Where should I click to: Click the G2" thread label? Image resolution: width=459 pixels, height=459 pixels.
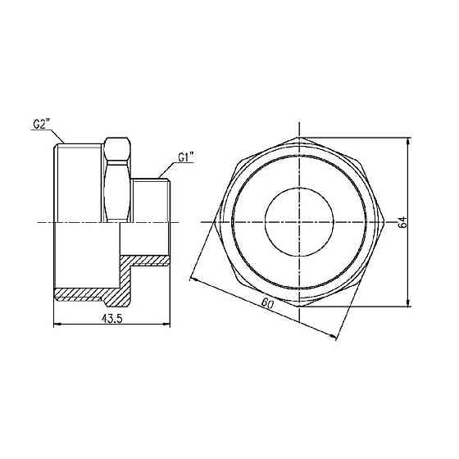[41, 124]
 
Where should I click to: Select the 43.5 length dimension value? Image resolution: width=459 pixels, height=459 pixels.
[111, 319]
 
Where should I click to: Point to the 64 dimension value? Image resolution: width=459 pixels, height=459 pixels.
[402, 222]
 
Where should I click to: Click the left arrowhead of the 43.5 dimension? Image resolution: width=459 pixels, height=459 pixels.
[57, 324]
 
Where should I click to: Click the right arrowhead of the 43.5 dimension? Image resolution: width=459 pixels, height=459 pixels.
[166, 324]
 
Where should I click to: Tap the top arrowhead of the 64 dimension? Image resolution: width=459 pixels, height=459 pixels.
[408, 141]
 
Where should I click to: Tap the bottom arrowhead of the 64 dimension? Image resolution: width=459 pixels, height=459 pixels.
[408, 302]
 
